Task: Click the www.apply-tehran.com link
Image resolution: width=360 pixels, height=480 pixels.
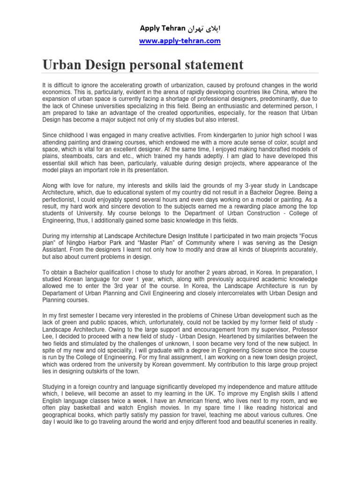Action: click(x=180, y=41)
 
